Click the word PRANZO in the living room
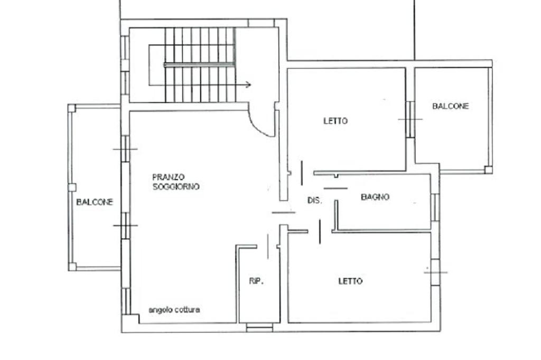169,177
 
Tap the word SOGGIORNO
176,186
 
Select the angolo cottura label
174,310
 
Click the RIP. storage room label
256,281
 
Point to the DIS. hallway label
315,201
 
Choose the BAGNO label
375,197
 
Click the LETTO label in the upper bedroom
335,121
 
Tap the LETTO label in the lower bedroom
350,281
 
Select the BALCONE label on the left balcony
95,202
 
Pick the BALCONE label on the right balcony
451,106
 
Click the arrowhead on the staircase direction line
248,84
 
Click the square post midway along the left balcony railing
72,187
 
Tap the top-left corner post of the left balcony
71,108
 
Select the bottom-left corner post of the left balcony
72,267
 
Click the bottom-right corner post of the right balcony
488,169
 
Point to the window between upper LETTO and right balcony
410,119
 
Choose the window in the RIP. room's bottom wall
259,327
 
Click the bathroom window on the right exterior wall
436,207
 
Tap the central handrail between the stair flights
199,64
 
